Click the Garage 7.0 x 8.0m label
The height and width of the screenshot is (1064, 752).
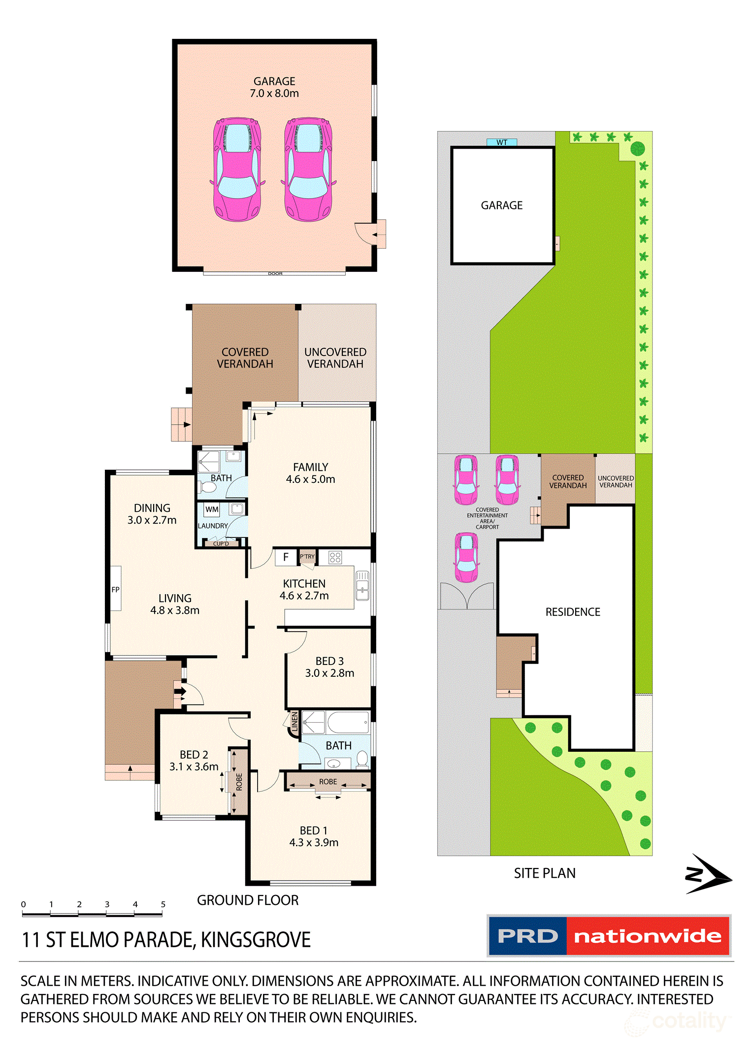(x=274, y=87)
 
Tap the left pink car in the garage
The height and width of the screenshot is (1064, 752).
(x=237, y=169)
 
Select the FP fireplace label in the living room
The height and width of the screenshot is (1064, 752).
(x=115, y=590)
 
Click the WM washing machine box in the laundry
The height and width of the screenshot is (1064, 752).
(x=212, y=509)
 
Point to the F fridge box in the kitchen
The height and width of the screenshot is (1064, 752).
(x=286, y=557)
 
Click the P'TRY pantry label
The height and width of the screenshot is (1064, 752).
(x=307, y=557)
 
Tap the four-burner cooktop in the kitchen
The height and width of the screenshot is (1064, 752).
(x=335, y=557)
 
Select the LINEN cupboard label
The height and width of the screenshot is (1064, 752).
(x=294, y=722)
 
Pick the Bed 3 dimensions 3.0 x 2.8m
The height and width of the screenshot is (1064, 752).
(x=329, y=673)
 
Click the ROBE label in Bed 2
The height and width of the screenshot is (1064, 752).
(x=239, y=782)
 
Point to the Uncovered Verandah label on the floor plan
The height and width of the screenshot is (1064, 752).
(x=335, y=358)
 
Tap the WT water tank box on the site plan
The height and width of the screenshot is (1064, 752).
(x=501, y=142)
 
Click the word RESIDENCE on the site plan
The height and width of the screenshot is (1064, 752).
(x=573, y=612)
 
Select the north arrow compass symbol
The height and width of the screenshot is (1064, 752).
(x=708, y=874)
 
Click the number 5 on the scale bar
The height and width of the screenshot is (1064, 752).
(x=163, y=904)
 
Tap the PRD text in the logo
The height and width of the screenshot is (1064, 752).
(x=527, y=936)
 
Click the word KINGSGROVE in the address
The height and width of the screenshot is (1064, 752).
(x=256, y=940)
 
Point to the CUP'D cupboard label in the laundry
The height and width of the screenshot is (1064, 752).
(x=221, y=544)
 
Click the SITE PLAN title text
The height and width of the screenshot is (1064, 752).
(x=545, y=873)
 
